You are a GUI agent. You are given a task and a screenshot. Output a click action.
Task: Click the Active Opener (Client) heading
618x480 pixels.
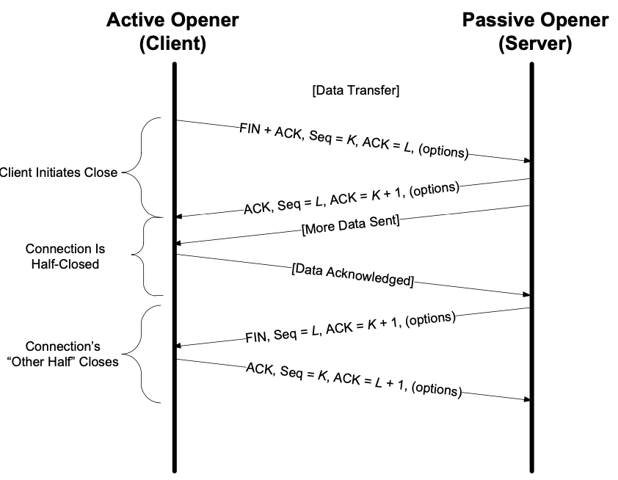point(173,32)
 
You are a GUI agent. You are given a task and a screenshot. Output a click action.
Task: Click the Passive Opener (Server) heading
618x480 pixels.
point(535,32)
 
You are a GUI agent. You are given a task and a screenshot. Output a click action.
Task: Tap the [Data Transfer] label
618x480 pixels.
point(355,91)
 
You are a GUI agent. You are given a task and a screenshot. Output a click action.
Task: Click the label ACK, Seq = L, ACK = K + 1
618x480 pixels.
point(352,197)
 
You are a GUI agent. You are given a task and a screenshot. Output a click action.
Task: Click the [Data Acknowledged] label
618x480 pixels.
point(353,273)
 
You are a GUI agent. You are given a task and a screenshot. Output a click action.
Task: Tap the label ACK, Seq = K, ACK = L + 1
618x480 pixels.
point(353,379)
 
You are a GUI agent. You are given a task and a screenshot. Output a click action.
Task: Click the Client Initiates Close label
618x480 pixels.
point(58,173)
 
